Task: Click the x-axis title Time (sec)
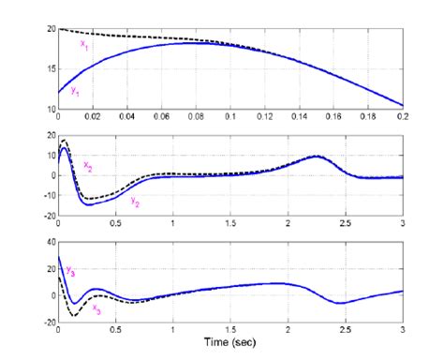click(x=230, y=344)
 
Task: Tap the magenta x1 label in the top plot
click(x=83, y=44)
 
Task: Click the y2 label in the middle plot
click(x=135, y=202)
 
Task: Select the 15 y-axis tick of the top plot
click(x=51, y=69)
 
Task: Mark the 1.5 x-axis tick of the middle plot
click(x=230, y=225)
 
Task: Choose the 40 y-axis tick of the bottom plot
click(x=51, y=241)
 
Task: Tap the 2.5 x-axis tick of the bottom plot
click(x=346, y=332)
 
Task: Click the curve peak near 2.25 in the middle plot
click(x=317, y=157)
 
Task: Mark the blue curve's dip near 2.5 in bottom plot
click(x=341, y=303)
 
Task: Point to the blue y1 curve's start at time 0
click(x=58, y=93)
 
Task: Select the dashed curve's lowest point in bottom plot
click(x=72, y=315)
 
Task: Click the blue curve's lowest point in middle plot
click(x=90, y=203)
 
